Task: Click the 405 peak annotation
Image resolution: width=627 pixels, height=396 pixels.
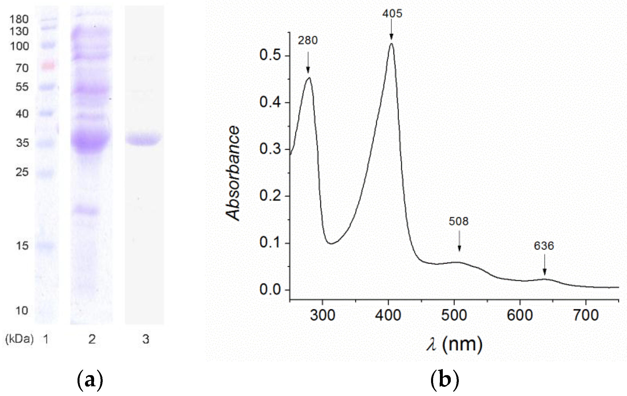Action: click(x=392, y=13)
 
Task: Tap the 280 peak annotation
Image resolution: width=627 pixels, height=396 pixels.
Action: click(x=308, y=40)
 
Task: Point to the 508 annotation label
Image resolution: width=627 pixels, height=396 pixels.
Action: click(x=459, y=221)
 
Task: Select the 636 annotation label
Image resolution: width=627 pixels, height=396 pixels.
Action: click(x=544, y=246)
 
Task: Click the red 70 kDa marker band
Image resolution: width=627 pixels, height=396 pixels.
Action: click(x=47, y=66)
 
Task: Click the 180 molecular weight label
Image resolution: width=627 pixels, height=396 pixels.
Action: click(x=19, y=19)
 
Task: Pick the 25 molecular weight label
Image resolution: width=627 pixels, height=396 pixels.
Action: click(x=22, y=172)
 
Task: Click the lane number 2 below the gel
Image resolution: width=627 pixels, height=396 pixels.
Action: click(x=92, y=339)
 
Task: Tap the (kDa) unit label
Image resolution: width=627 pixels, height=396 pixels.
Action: click(x=19, y=339)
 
